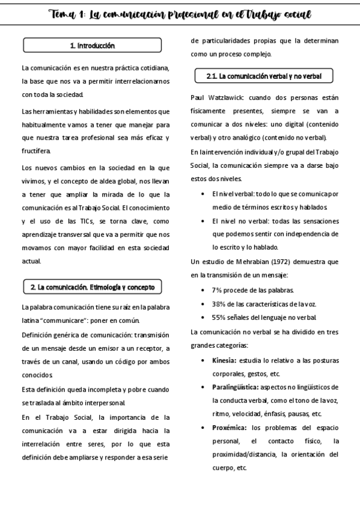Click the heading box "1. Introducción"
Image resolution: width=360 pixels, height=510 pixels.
pos(92,45)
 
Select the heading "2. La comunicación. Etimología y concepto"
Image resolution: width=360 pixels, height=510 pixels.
pos(92,287)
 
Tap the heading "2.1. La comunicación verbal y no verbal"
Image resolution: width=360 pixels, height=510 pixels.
pos(264,76)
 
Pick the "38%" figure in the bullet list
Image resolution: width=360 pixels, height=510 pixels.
pos(219,303)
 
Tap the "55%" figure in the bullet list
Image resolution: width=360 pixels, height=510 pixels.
pos(219,317)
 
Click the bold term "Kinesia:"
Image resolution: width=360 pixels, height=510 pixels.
pos(224,360)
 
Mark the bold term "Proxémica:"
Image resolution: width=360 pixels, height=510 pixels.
pos(230,428)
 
